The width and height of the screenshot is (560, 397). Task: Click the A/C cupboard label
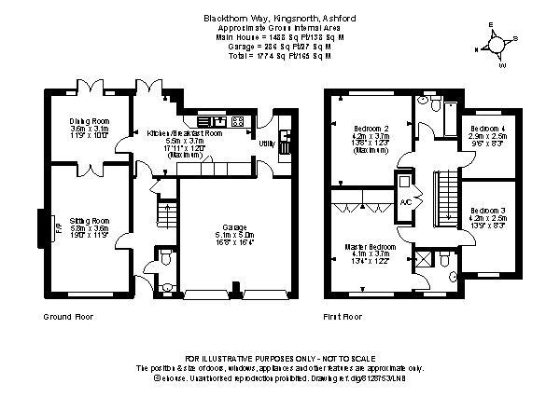[405, 201]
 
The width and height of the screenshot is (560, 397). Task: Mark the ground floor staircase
[165, 216]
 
